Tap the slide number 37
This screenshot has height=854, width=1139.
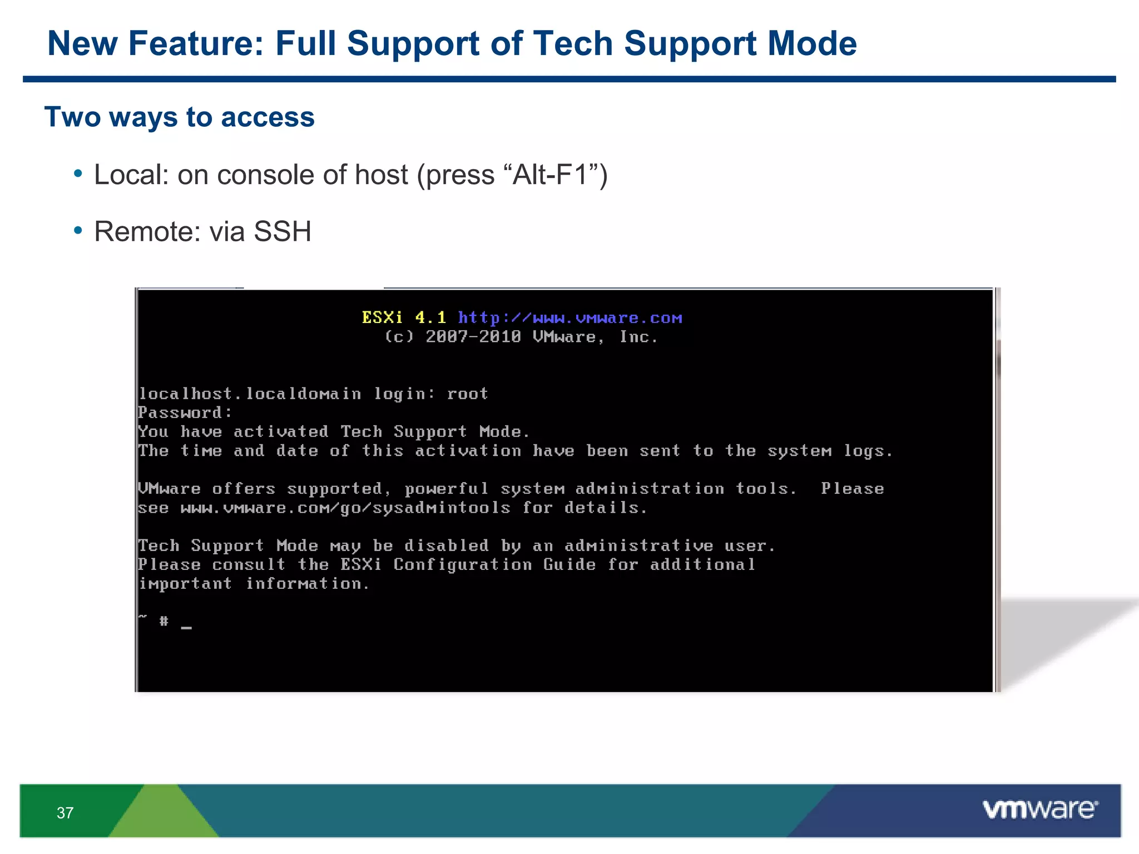tap(65, 813)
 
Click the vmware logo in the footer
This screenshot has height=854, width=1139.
tap(1039, 809)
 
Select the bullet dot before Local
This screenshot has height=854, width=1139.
tap(78, 174)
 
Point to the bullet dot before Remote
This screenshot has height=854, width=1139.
tap(78, 230)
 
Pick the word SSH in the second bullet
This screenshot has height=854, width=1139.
tap(282, 231)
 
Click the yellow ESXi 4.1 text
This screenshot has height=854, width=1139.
tap(404, 317)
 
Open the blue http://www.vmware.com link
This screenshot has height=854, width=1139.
tap(569, 318)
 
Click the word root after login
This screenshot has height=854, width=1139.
tap(467, 394)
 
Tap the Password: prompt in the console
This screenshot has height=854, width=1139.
tap(185, 413)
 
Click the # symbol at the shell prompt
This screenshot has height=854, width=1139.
tap(164, 620)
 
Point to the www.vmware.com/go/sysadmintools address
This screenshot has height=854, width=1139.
tap(345, 508)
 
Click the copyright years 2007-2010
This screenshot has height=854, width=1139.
tap(473, 337)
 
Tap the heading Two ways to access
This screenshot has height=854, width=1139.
tap(180, 117)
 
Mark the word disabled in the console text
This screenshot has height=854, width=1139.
tap(446, 545)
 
